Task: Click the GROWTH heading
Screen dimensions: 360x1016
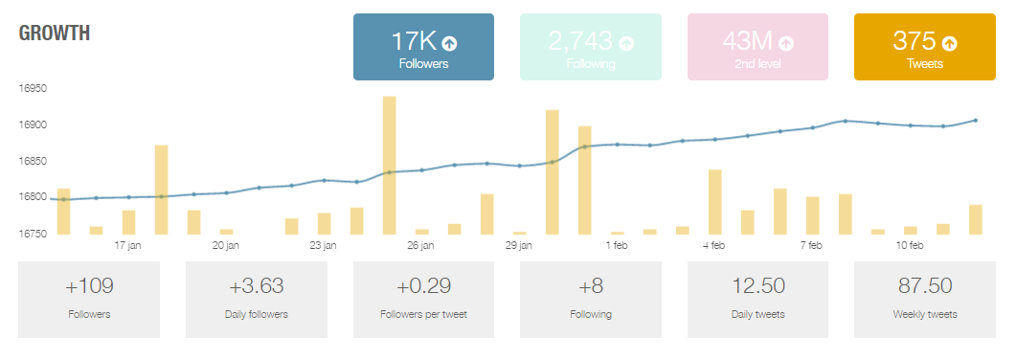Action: point(55,34)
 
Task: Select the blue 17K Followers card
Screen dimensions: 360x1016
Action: point(423,47)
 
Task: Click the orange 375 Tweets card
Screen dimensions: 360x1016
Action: point(924,47)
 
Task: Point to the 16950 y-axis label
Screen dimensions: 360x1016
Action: point(34,88)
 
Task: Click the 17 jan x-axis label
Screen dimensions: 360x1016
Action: point(128,246)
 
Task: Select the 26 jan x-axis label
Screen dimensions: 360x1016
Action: point(420,246)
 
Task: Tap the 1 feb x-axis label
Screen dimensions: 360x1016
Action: point(616,246)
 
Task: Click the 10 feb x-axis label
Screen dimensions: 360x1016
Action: point(909,246)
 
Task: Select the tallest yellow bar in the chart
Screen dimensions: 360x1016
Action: point(389,165)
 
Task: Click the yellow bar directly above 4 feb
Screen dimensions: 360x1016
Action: point(714,202)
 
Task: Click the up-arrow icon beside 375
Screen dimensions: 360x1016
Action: point(949,43)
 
